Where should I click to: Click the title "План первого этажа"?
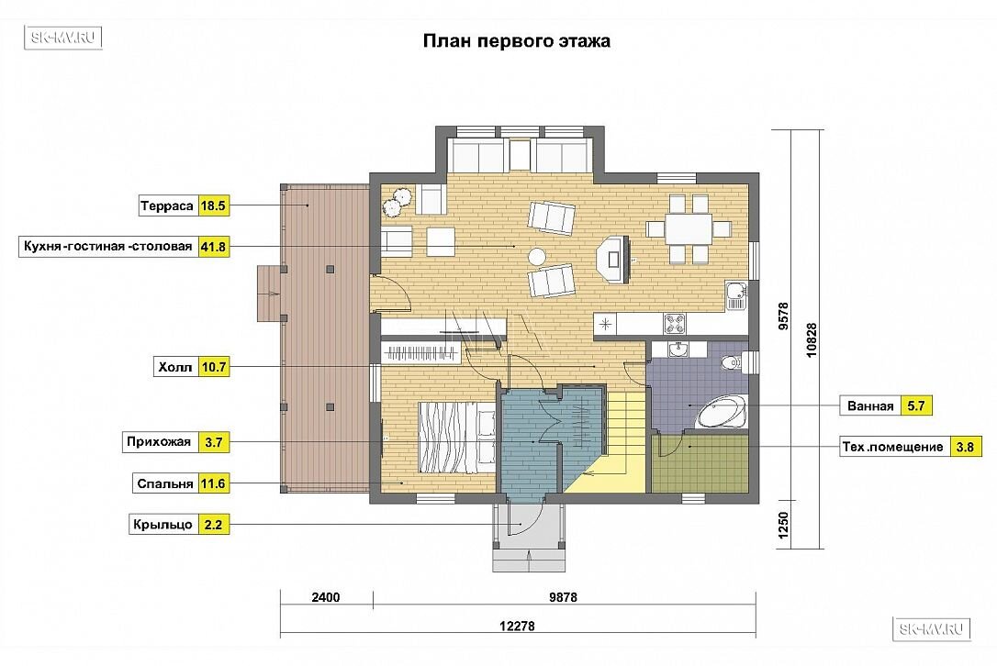(x=516, y=41)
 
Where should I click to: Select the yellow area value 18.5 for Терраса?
(x=214, y=205)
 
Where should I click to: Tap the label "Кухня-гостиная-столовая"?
(x=108, y=247)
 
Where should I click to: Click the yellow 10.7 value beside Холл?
(x=214, y=367)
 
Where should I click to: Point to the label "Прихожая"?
(x=158, y=441)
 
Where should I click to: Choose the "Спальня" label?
(x=164, y=483)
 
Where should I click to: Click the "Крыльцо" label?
(x=162, y=525)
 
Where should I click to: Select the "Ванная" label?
(x=870, y=406)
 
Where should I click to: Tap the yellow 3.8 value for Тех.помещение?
(x=965, y=447)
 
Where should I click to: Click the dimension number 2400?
(x=326, y=597)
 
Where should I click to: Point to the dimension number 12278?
(x=517, y=626)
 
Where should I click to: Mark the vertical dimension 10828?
(x=812, y=340)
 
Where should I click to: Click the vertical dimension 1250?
(x=783, y=526)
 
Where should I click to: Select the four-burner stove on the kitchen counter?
(x=675, y=324)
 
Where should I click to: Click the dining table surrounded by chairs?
(x=689, y=228)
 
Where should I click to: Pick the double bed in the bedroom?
(x=456, y=438)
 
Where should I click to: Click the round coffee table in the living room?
(x=537, y=256)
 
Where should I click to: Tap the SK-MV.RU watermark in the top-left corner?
(x=63, y=38)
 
